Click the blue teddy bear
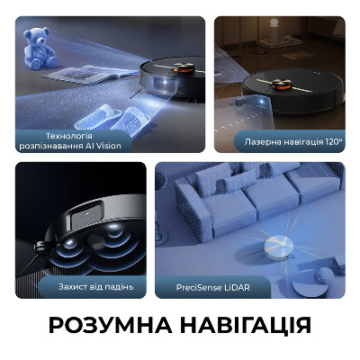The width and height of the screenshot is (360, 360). [40, 48]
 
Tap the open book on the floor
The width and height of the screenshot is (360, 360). [90, 74]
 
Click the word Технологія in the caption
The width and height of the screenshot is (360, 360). [69, 136]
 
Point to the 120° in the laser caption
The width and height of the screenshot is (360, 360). [333, 141]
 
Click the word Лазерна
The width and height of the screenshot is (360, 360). [259, 141]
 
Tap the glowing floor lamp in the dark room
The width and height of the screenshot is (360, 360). [274, 31]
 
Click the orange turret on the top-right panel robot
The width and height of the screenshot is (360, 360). [281, 85]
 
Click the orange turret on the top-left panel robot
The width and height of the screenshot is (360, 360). [184, 68]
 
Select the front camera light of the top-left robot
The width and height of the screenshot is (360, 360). [165, 85]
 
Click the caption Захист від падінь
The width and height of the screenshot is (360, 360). [95, 287]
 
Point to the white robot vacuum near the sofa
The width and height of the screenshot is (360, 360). [279, 247]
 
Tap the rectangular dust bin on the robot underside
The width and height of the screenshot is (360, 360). [87, 215]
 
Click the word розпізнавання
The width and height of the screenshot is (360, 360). [54, 147]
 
